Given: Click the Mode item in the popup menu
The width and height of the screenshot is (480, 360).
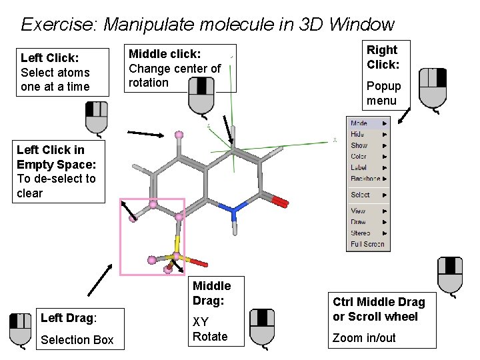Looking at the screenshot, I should pos(359,123).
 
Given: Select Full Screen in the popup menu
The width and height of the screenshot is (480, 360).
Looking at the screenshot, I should pos(367,244).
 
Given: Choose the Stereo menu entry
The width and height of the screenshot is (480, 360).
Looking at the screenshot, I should pos(361,233).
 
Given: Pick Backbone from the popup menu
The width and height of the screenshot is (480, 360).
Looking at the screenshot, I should pos(365,179).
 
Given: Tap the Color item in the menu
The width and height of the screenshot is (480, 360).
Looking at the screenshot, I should pos(359,157).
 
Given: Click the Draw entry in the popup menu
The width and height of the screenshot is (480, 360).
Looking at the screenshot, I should pos(359,222).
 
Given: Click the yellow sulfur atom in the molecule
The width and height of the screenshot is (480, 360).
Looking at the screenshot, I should pos(177,256).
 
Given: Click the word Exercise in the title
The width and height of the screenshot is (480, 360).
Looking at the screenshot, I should pos(59,25).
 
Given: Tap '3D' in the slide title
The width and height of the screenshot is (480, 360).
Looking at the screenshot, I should pos(309,25).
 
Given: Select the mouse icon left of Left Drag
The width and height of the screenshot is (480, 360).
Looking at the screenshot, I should pos(20,330).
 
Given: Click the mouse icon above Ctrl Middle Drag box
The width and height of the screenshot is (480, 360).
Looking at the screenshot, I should pos(450,275).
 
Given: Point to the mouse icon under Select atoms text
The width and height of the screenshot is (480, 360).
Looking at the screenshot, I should pos(97,117).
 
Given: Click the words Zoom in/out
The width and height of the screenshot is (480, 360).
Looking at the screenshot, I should pos(364,338).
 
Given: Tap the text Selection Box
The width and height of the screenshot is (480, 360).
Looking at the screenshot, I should pos(77,340).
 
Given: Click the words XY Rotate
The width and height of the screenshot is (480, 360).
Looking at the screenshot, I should pos(209,329).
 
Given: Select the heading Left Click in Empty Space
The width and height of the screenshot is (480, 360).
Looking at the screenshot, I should pos(56,157).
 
